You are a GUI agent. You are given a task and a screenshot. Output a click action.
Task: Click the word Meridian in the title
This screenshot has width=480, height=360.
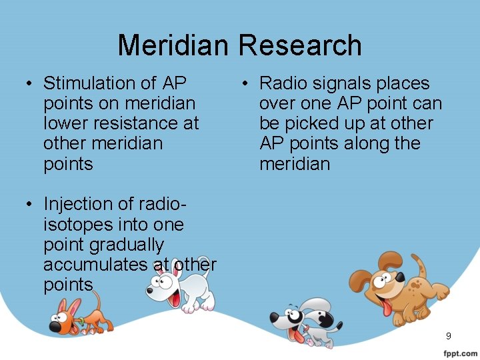pyautogui.click(x=174, y=45)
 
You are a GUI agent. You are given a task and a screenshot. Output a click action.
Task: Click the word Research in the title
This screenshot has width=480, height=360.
pyautogui.click(x=300, y=45)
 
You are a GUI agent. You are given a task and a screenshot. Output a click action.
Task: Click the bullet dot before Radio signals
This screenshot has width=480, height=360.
pyautogui.click(x=245, y=84)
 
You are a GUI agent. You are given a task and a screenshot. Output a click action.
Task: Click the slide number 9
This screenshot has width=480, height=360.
pyautogui.click(x=449, y=335)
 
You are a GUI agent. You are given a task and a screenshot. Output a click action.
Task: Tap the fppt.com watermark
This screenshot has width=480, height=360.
pyautogui.click(x=459, y=353)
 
